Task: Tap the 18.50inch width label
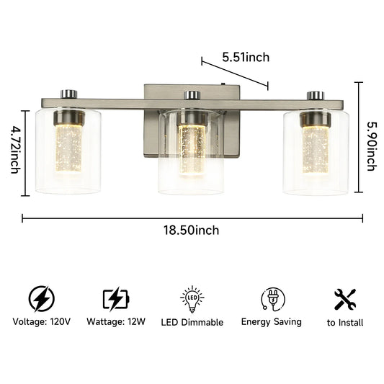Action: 192,230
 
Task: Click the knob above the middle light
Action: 191,94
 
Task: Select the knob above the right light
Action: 314,94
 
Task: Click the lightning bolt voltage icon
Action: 41,298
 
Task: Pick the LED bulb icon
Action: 192,298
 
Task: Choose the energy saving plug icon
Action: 272,298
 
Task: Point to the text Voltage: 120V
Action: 41,322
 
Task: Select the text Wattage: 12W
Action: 116,322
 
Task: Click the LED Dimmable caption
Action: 192,322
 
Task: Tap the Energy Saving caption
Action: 272,321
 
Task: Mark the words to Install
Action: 345,323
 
